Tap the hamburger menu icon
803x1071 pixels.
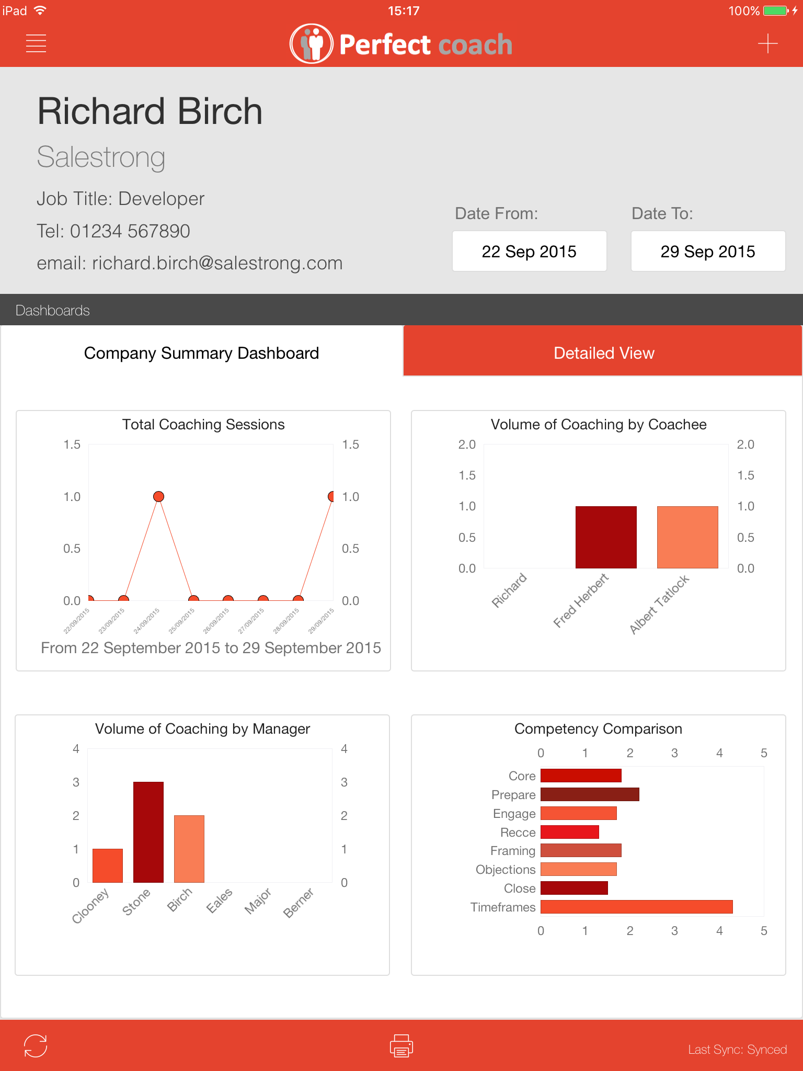(x=36, y=43)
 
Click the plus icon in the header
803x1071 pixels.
(x=767, y=43)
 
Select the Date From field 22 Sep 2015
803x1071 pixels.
(x=529, y=252)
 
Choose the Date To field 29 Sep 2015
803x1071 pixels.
(x=708, y=252)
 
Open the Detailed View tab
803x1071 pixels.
(x=603, y=353)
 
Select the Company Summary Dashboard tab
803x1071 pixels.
(x=202, y=353)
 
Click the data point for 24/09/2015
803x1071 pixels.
(x=158, y=496)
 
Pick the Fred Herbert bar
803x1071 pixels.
(x=606, y=537)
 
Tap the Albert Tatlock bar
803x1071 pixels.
(x=687, y=537)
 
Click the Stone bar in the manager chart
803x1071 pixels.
(x=148, y=832)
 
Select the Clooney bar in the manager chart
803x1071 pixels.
(x=108, y=865)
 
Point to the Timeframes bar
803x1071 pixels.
(x=636, y=907)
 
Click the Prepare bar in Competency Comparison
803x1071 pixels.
(x=590, y=794)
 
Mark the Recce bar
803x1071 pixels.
(x=569, y=832)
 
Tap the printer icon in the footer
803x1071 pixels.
(x=401, y=1046)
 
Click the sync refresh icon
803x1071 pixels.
(x=36, y=1046)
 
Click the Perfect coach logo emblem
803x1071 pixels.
(x=312, y=44)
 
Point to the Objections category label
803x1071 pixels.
(x=506, y=870)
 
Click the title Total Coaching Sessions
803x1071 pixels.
(x=203, y=425)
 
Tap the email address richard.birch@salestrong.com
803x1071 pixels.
(x=217, y=263)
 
